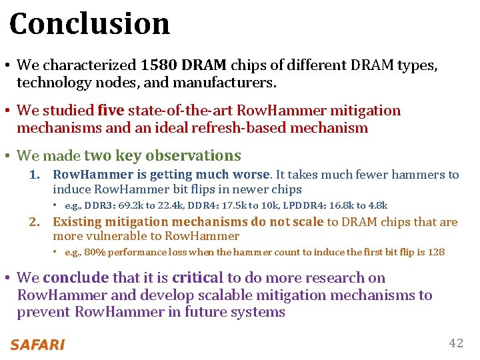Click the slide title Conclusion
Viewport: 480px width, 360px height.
(90, 24)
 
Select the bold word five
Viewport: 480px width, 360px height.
(111, 111)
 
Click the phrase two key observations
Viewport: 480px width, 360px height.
(163, 156)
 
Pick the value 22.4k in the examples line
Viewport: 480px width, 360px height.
(160, 206)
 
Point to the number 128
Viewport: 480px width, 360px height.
(436, 253)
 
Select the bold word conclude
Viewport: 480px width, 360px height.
(75, 278)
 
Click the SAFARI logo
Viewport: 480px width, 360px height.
(37, 345)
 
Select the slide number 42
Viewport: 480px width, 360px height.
(456, 343)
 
